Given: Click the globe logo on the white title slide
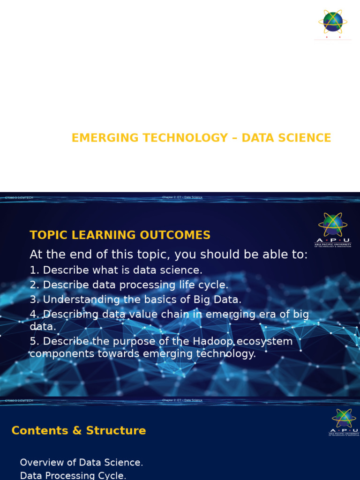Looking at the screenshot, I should (333, 22).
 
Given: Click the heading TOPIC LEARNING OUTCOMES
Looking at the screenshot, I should (120, 235).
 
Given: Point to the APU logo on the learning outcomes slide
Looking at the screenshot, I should (333, 229).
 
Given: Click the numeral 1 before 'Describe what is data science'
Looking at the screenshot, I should (32, 270).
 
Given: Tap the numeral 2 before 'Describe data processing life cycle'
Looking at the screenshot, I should (32, 285).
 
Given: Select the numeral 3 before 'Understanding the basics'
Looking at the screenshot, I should (32, 300).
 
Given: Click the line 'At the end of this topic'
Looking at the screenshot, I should (169, 255).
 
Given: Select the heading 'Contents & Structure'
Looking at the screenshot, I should (78, 431).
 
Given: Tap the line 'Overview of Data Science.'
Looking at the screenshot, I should (81, 463).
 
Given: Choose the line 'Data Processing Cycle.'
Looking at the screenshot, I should (73, 476).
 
